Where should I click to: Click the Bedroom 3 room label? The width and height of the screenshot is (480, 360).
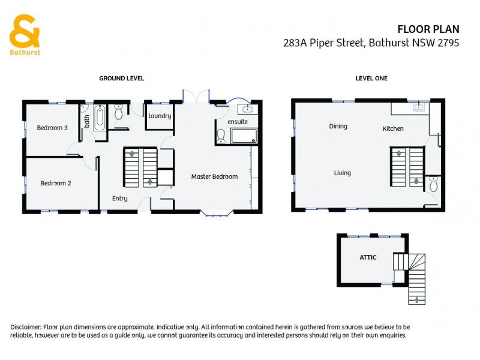click(x=52, y=128)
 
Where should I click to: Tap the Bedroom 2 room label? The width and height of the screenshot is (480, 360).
click(x=56, y=183)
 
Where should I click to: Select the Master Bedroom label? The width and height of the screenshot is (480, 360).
click(x=214, y=176)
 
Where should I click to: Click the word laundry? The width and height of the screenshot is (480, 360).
click(x=160, y=116)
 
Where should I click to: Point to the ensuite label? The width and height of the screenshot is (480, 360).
click(x=238, y=122)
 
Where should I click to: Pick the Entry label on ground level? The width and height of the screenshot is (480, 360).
click(x=119, y=199)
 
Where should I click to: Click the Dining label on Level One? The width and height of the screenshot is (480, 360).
click(x=338, y=127)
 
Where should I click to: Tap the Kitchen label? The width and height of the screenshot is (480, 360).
click(x=393, y=128)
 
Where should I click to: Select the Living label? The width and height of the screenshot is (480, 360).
click(x=342, y=173)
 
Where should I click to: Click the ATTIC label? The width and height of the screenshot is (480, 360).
click(x=368, y=257)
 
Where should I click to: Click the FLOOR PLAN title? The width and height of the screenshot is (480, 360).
click(x=428, y=29)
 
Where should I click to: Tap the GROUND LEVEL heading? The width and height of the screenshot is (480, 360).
click(x=121, y=79)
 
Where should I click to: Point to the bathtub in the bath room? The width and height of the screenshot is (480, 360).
click(x=100, y=118)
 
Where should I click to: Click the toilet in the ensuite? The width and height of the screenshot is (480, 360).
click(x=221, y=137)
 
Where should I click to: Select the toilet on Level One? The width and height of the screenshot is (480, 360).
click(x=434, y=182)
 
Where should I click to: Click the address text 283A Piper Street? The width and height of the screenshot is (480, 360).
click(x=324, y=43)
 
